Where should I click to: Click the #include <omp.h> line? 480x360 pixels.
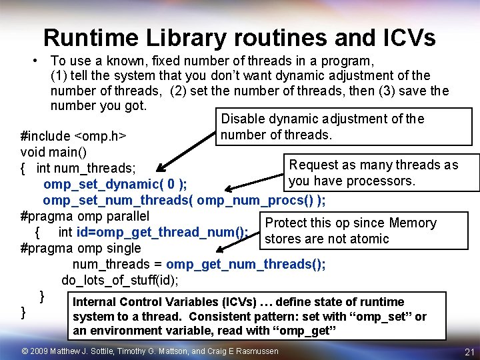coord(74,136)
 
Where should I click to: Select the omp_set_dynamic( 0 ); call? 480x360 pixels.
coord(115,184)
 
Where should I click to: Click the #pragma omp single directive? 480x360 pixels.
coord(81,248)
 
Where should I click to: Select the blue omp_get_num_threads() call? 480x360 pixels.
coord(246,264)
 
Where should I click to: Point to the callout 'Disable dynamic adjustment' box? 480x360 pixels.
coord(322,127)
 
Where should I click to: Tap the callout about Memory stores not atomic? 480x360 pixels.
coord(350,231)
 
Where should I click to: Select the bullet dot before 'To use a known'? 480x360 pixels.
coord(33,61)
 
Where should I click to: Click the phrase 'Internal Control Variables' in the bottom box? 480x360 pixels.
coord(141,302)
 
